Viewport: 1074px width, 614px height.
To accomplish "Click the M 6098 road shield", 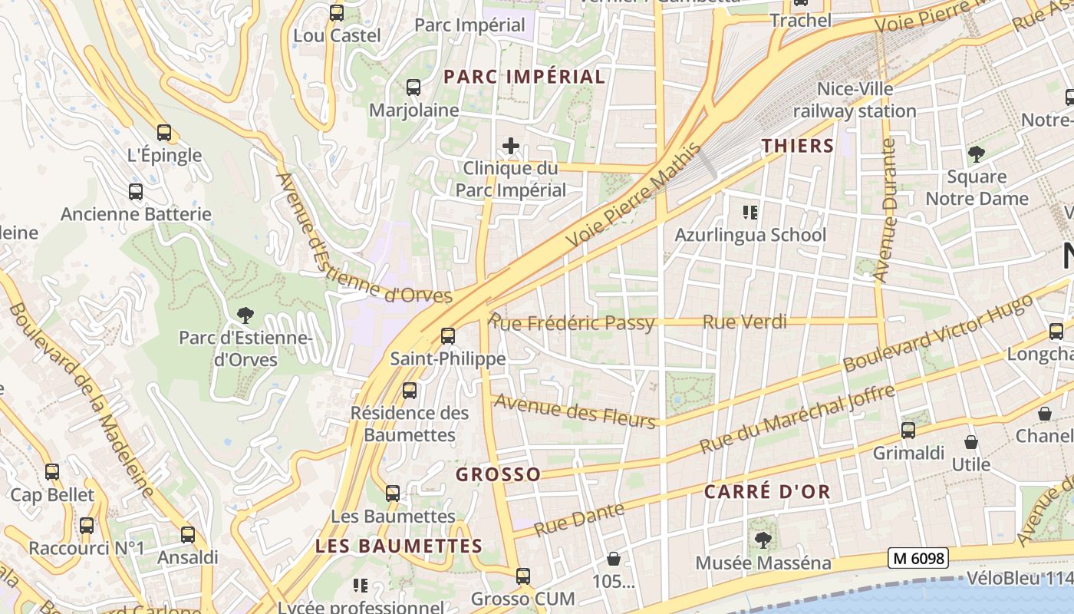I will point(918,558).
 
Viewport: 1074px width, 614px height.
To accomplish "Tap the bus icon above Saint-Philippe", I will point(448,335).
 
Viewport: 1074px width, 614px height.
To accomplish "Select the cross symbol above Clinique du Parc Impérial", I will point(510,145).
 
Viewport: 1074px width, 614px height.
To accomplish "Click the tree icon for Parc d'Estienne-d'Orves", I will point(245,314).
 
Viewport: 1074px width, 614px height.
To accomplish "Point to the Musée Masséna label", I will point(763,563).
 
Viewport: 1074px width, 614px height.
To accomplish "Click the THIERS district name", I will point(797,146).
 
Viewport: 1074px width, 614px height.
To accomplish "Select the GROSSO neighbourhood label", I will point(499,474).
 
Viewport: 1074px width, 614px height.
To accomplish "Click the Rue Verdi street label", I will point(745,322).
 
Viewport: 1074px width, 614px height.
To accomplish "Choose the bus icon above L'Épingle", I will point(164,132).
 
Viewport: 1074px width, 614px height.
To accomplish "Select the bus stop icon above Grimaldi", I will point(908,430).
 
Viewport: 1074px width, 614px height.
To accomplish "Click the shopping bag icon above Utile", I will point(971,442).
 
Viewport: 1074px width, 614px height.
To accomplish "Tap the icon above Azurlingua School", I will point(749,212).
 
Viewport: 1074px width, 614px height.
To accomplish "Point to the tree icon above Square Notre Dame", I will point(976,154).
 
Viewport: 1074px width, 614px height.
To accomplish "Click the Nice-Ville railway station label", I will point(855,100).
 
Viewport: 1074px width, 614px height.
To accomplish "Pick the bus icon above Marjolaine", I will point(413,87).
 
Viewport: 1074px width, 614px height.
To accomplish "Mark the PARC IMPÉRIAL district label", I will point(525,77).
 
